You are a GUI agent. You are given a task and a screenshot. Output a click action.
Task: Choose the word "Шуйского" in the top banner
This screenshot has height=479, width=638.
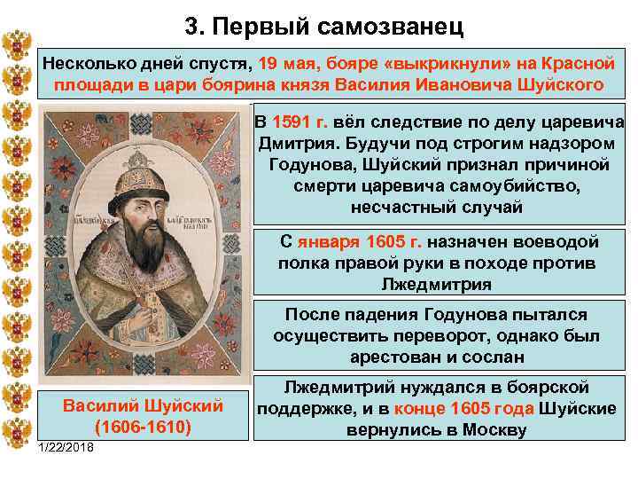pyautogui.click(x=564, y=86)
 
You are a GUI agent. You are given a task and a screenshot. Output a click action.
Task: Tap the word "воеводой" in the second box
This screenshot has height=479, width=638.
pyautogui.click(x=561, y=242)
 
